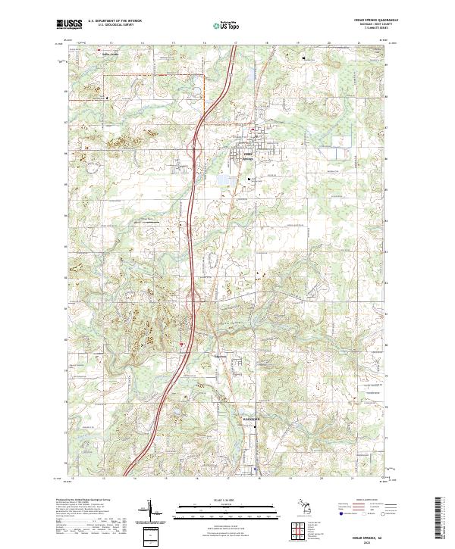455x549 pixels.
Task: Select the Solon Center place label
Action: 111,54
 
